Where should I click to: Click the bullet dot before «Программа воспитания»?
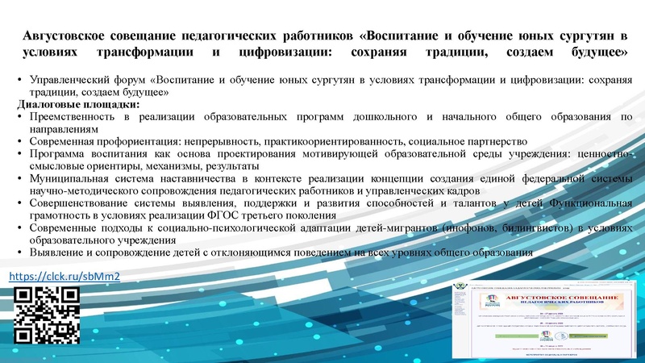[x=19, y=152]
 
